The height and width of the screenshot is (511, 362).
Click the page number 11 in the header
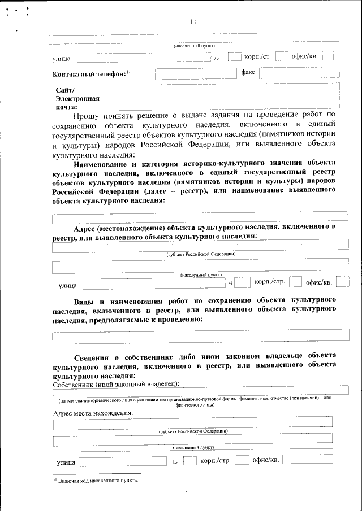193,22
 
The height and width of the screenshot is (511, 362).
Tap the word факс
248,72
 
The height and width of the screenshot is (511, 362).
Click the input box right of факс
300,73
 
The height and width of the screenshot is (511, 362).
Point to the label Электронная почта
73,102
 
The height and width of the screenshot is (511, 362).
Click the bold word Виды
84,300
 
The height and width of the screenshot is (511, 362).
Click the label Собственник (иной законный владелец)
115,384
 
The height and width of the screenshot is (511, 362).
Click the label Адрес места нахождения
93,413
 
